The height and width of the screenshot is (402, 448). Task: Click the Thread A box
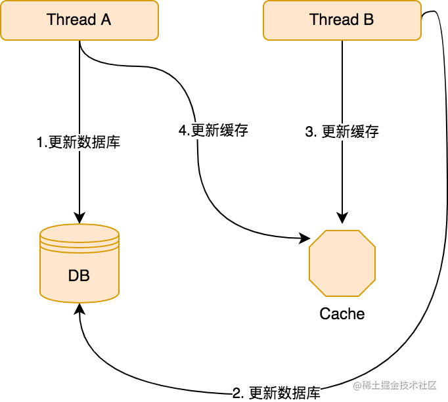(79, 20)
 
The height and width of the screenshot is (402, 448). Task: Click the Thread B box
(342, 20)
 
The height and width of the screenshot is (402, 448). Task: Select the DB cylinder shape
(79, 263)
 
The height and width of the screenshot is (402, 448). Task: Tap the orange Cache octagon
(342, 263)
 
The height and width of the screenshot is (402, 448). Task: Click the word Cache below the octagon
(342, 314)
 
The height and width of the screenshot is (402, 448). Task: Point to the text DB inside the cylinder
(79, 276)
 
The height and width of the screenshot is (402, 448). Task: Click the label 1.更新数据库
(79, 142)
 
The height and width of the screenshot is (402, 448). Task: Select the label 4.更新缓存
(213, 131)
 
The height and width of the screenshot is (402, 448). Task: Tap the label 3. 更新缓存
(342, 131)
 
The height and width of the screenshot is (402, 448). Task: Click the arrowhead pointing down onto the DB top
(79, 219)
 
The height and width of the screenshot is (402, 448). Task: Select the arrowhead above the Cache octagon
(342, 219)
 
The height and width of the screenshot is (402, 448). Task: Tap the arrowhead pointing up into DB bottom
(79, 309)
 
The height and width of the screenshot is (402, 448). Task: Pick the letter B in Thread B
(369, 20)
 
